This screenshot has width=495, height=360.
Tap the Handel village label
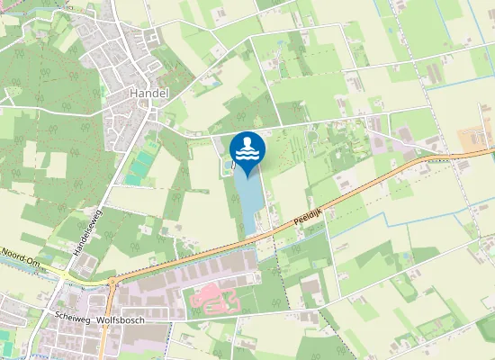[149, 94]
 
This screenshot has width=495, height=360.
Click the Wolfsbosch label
[121, 319]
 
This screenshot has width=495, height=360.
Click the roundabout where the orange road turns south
[112, 282]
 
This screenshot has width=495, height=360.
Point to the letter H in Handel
[132, 94]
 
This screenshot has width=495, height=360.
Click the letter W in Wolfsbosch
[100, 319]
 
